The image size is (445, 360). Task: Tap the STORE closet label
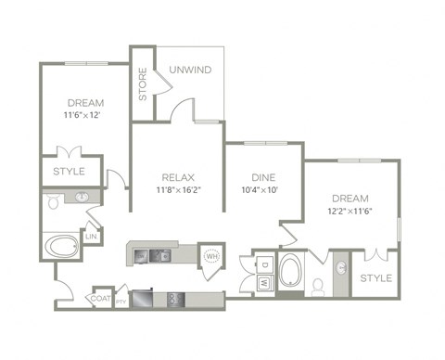click(x=143, y=83)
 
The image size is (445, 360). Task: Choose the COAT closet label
click(x=101, y=300)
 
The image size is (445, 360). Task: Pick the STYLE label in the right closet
click(x=375, y=278)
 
